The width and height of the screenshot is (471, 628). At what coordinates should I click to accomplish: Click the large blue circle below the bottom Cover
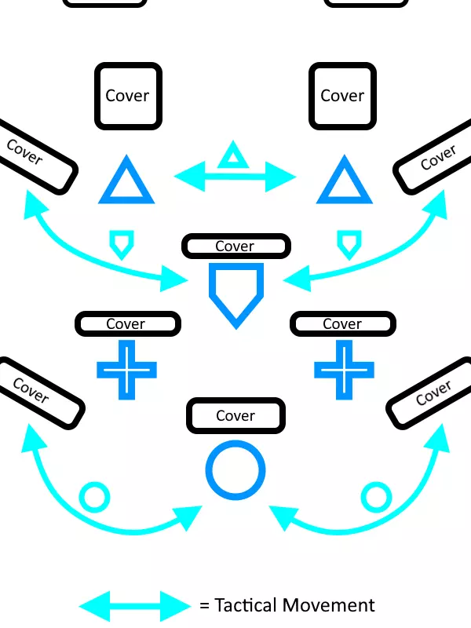click(x=235, y=471)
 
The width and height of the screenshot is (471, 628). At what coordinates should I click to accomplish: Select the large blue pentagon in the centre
click(x=235, y=292)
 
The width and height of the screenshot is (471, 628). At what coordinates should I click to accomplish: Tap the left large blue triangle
click(x=126, y=183)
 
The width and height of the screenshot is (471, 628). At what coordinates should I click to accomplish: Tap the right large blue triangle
click(x=342, y=183)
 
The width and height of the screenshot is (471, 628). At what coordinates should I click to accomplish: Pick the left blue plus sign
click(x=126, y=369)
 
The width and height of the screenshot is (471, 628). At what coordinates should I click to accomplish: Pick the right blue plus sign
click(x=344, y=369)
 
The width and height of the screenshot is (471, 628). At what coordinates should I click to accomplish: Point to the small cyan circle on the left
click(x=94, y=497)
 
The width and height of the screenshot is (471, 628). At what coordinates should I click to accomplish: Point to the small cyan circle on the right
click(x=375, y=497)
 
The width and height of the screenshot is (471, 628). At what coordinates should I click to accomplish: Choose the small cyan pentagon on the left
click(x=119, y=244)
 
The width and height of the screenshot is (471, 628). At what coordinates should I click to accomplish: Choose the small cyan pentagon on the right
click(x=348, y=244)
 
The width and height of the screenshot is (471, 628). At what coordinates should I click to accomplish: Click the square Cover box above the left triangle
click(x=128, y=96)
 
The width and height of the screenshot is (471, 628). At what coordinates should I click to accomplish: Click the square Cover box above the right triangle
click(x=342, y=96)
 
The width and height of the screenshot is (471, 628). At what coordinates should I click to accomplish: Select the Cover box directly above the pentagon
click(x=235, y=246)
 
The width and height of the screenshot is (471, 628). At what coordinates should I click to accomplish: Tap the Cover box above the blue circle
click(x=235, y=416)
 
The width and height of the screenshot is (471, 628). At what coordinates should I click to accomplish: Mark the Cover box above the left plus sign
click(x=127, y=323)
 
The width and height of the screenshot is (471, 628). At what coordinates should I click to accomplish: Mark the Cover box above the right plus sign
click(x=342, y=323)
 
